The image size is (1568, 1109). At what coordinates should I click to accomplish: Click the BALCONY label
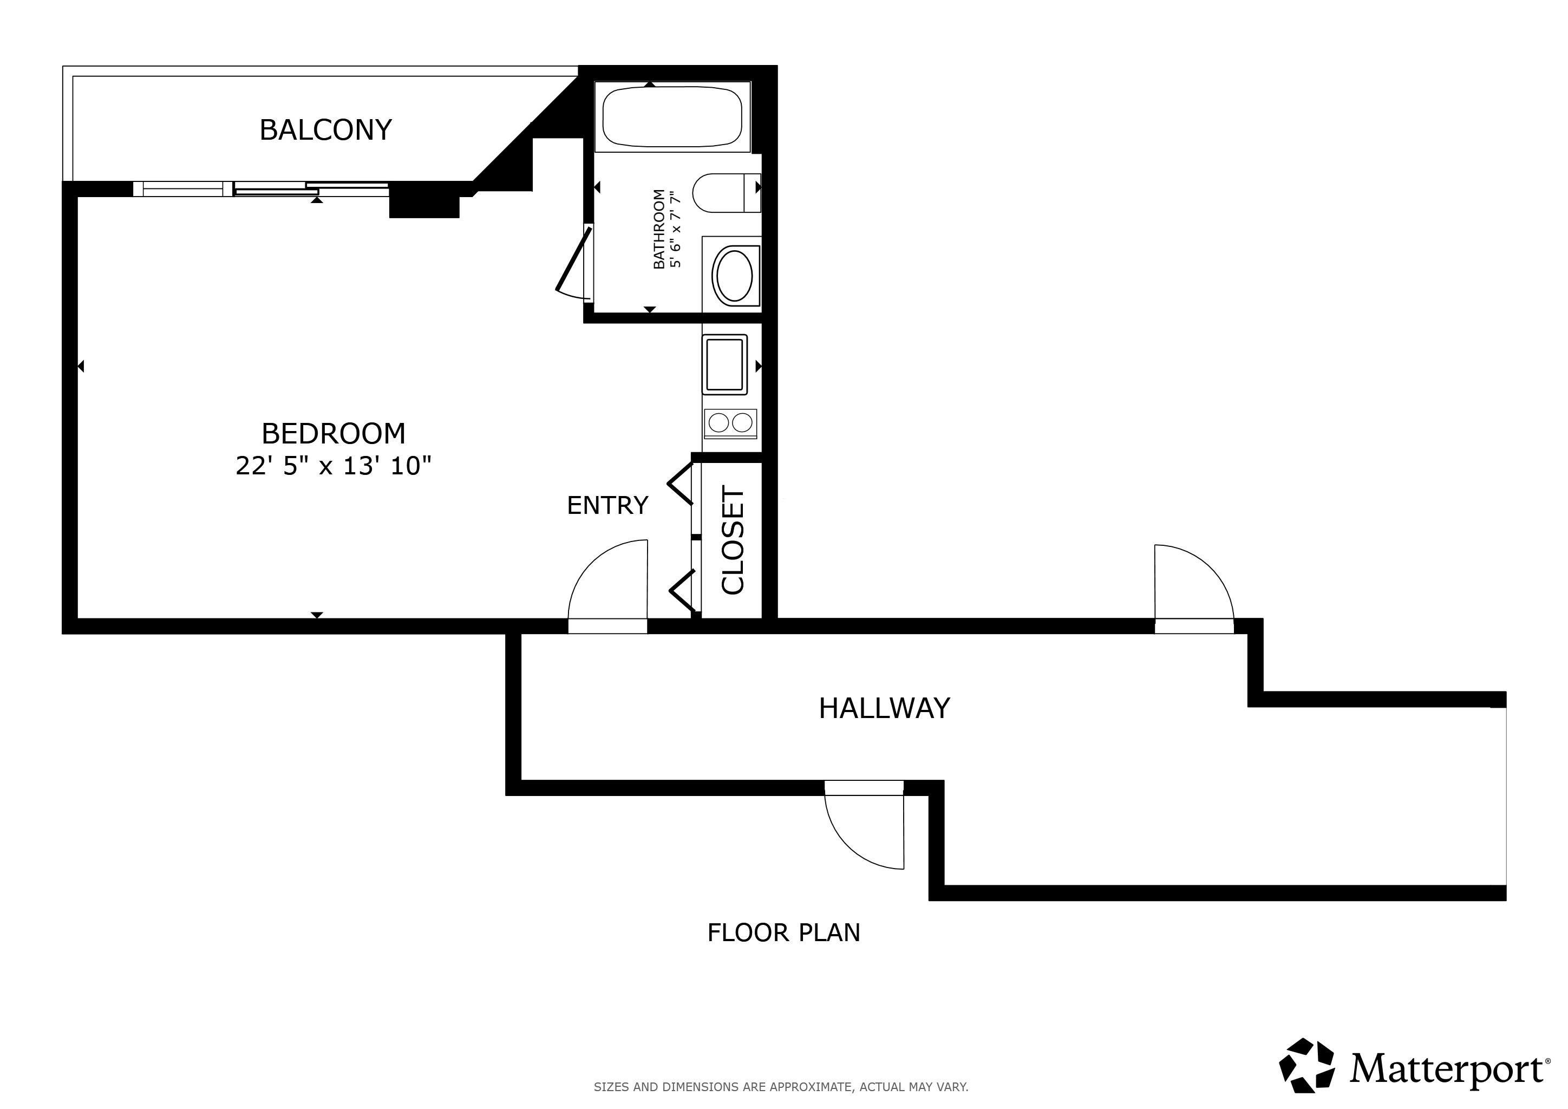(x=326, y=130)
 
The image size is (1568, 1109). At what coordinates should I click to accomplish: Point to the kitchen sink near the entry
(x=724, y=364)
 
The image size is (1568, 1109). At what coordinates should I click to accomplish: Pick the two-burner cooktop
(x=730, y=423)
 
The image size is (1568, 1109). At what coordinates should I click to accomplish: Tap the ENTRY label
(x=607, y=505)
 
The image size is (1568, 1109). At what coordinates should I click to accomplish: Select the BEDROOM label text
(x=334, y=434)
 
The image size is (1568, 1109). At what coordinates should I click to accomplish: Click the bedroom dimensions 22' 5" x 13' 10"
(x=334, y=466)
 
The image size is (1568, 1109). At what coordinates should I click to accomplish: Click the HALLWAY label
(x=884, y=708)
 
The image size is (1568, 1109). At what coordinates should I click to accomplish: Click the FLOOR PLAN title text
(x=783, y=933)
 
